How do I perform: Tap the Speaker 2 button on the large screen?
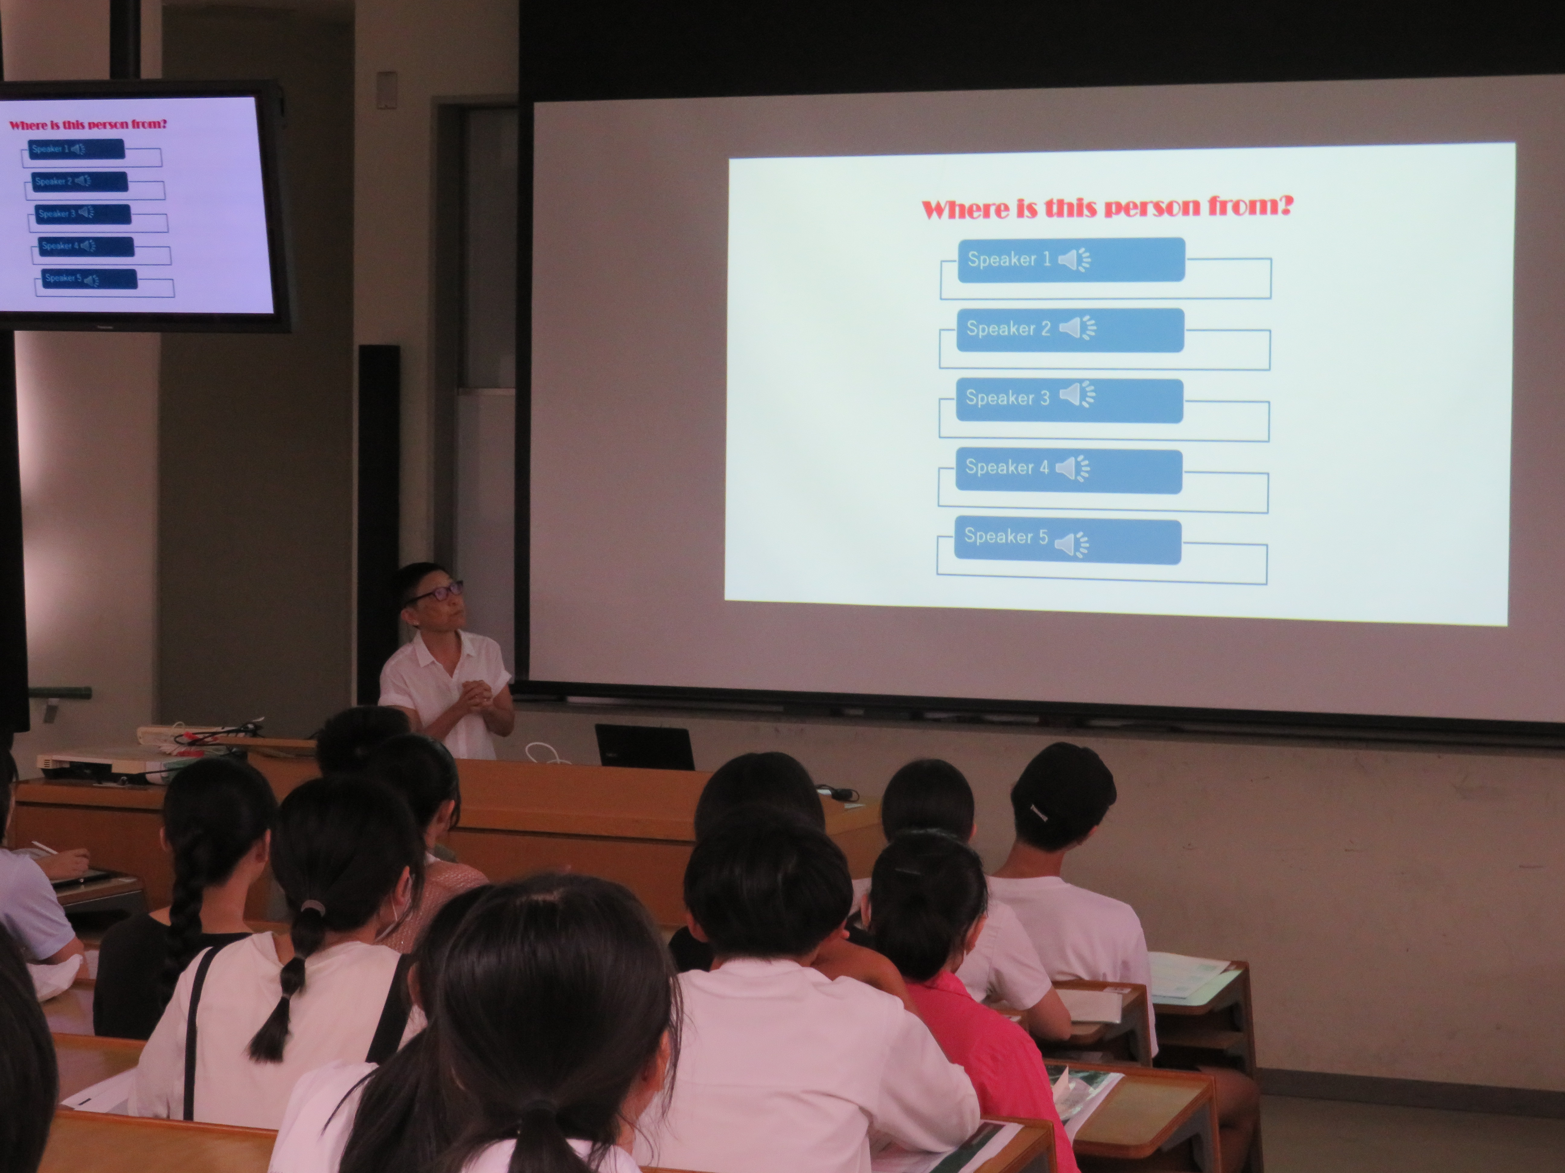(1070, 329)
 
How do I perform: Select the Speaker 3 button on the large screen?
(1069, 400)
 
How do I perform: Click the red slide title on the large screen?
(1107, 207)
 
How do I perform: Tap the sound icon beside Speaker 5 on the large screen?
(1072, 544)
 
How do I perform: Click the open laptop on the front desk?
(644, 747)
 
